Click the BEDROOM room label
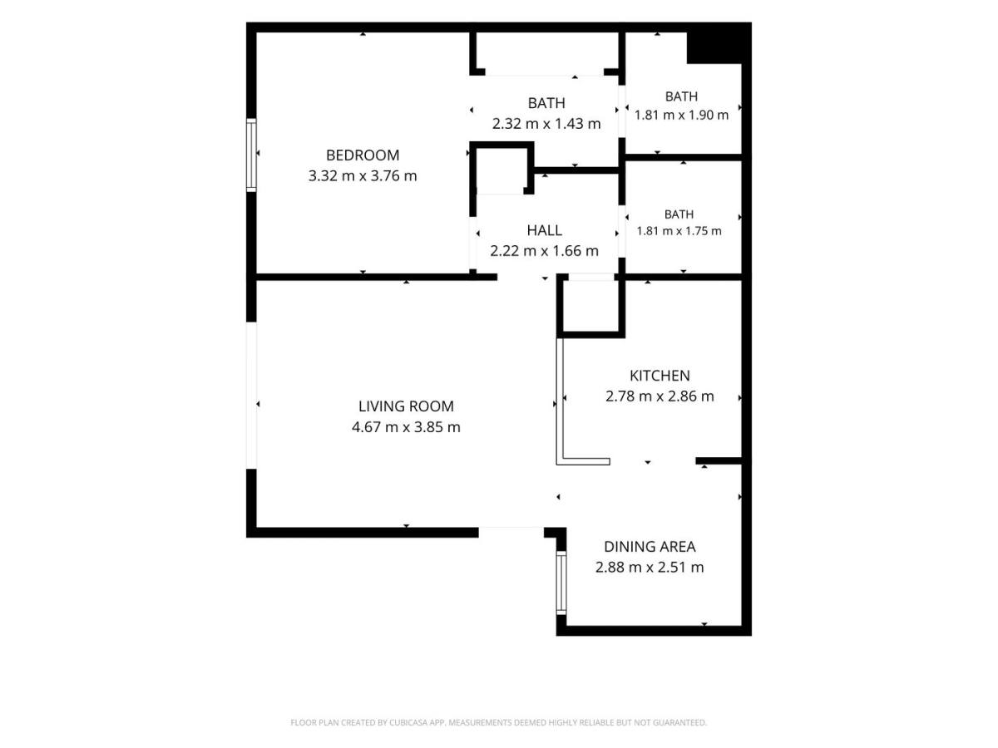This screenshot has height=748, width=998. tap(363, 155)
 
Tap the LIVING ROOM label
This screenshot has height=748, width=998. tap(406, 406)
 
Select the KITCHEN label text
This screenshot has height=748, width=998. tap(660, 376)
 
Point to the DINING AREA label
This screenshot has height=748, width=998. tap(650, 547)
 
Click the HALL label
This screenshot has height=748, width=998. tap(544, 231)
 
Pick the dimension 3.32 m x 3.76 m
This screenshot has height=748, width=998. tap(363, 175)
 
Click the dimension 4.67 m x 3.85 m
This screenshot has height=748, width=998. tap(406, 427)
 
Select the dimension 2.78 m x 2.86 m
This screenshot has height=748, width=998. tap(660, 396)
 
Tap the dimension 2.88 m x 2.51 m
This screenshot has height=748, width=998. tap(650, 568)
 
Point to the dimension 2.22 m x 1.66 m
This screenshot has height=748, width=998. tap(544, 251)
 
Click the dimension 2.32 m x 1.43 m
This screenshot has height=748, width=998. tap(546, 124)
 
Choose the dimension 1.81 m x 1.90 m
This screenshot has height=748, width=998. tap(681, 116)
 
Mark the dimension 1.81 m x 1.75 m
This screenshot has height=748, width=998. tap(679, 231)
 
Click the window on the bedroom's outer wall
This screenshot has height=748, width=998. tap(251, 155)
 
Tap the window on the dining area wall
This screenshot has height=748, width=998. tap(561, 583)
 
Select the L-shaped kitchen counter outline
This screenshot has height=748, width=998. tap(561, 402)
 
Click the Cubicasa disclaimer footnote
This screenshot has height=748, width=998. tap(498, 722)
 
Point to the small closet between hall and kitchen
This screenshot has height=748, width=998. tap(590, 306)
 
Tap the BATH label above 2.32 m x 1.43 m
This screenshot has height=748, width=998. tap(546, 103)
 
